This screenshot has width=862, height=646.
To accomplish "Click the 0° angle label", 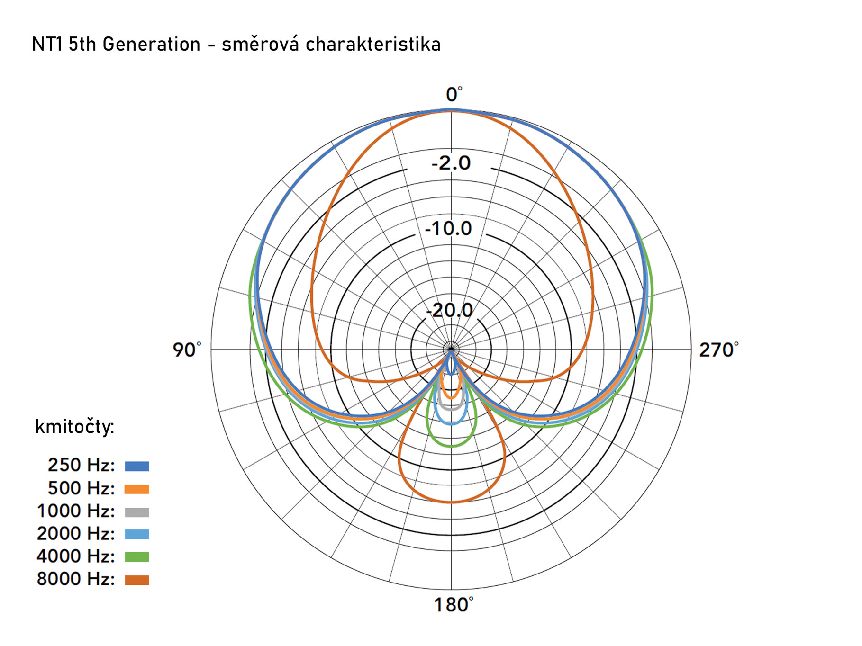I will pos(454,94).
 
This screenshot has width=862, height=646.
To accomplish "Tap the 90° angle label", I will pos(186,350).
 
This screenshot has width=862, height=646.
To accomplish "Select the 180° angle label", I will pos(453,605).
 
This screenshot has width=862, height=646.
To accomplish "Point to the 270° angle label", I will pos(718,350).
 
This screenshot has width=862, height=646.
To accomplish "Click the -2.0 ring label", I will pos(451,163).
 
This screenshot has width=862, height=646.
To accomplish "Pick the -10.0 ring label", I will pos(448,229).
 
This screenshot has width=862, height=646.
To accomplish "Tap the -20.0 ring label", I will pos(449,311).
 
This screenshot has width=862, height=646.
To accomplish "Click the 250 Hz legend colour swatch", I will pos(137,466).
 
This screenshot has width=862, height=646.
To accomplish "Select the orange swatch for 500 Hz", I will pos(137,489).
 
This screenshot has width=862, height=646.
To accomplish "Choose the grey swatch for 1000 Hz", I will pos(137,512).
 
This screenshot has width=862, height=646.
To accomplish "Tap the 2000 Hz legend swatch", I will pos(137,534).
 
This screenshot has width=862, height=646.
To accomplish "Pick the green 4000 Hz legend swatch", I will pos(137,557).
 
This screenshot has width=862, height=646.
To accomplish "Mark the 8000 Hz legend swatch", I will pos(137,580).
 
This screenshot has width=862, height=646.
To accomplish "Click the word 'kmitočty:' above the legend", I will pos(74,427).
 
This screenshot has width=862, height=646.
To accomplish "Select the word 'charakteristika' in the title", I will pos(373,44).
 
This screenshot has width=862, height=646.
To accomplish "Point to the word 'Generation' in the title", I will pos(151,44).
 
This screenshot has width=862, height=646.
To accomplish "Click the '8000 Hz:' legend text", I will pos(76,579).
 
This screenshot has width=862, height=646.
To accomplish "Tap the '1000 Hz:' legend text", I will pos(76,511).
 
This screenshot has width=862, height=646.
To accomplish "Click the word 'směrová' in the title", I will pos(260,44).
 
